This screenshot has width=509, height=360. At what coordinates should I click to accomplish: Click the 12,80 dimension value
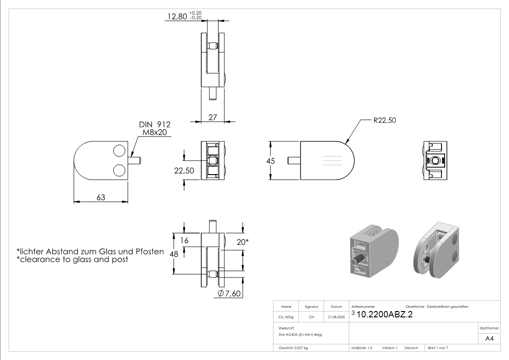[177, 16]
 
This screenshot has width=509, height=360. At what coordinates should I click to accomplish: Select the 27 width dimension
[213, 117]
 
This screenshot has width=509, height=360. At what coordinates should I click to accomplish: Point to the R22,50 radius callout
[385, 121]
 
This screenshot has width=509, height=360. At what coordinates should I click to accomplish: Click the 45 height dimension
[271, 161]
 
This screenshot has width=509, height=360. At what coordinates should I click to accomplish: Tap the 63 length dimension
[101, 197]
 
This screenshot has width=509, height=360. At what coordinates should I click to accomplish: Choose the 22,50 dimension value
[184, 171]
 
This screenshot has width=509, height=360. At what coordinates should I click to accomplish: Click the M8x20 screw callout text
[155, 132]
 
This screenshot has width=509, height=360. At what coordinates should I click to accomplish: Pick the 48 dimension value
[174, 254]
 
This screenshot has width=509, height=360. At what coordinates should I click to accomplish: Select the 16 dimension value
[184, 240]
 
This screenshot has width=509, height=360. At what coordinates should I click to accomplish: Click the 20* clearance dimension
[242, 242]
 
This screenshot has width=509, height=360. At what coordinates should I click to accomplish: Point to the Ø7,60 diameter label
[229, 293]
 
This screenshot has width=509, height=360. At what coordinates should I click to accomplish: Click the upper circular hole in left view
[120, 151]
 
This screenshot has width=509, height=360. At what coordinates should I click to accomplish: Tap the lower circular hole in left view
[120, 170]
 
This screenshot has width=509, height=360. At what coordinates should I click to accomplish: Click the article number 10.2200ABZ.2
[384, 314]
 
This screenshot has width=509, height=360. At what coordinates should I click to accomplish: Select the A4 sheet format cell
[489, 339]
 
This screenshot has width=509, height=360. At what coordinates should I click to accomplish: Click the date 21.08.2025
[336, 317]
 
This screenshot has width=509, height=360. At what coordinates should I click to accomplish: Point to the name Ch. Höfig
[286, 317]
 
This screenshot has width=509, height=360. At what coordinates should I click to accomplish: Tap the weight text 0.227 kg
[301, 348]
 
